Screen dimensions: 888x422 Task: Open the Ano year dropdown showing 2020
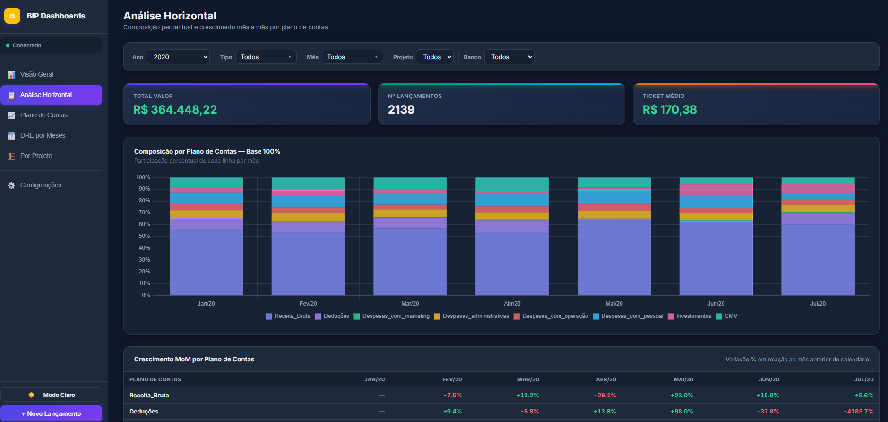178,57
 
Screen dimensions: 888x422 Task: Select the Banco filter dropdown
509,57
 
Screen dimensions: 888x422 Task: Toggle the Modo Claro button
51,395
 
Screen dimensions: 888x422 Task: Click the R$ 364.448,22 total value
175,110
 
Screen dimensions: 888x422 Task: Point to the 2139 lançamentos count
401,110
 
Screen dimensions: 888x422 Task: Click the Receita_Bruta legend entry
288,316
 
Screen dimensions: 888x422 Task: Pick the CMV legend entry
727,316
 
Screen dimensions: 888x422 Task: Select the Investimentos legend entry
690,316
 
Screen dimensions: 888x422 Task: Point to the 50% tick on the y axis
144,236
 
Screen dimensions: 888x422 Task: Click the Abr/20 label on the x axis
512,304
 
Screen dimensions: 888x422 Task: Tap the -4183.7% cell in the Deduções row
859,412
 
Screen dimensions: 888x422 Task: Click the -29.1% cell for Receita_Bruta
605,396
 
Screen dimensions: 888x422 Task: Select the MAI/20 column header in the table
683,379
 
